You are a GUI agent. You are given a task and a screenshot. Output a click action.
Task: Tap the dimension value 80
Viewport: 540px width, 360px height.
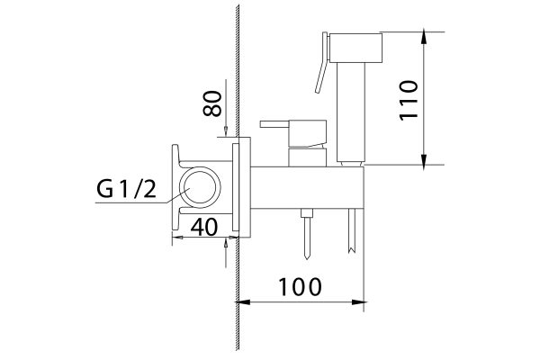212,106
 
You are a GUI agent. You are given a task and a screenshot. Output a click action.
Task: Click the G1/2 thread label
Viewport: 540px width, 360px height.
127,190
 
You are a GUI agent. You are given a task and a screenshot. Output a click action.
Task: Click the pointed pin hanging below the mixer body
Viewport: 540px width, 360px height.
308,232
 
